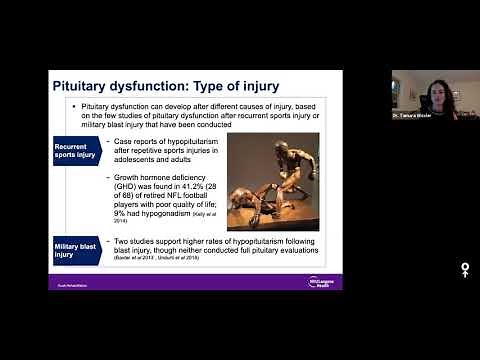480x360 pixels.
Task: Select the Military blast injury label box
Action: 77,250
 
